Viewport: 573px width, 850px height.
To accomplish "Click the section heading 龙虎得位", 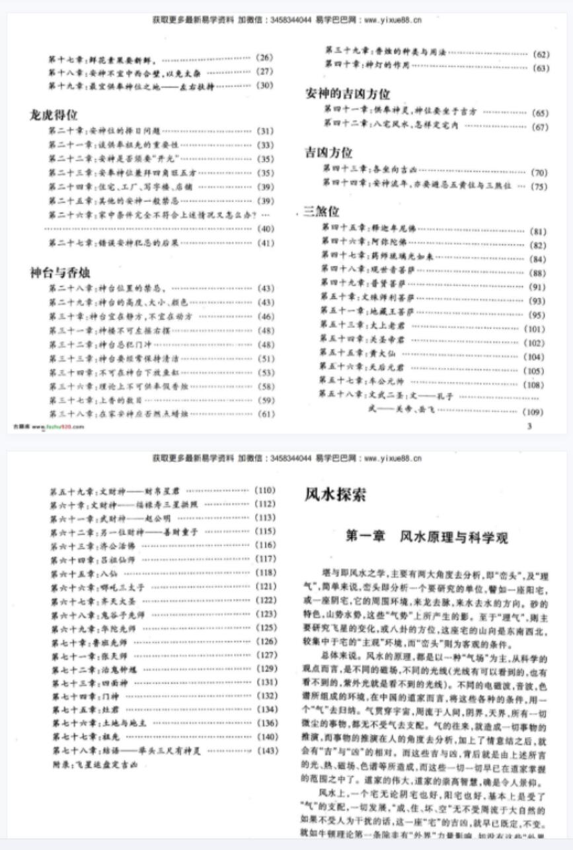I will (x=54, y=115).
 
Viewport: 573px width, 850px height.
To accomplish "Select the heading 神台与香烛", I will (x=60, y=272).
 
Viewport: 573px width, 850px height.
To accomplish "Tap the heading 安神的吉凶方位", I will (x=347, y=93).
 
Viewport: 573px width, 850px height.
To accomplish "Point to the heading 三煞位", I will (x=321, y=212).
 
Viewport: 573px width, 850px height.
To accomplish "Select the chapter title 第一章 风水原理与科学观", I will (x=427, y=537).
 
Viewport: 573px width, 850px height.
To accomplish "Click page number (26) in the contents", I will (x=264, y=58).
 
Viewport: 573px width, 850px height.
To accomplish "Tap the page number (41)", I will (x=265, y=243).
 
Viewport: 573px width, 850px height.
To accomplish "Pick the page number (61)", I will (x=265, y=414).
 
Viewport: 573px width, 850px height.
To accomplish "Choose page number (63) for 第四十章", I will (x=540, y=67).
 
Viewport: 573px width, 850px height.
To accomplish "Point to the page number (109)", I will (x=533, y=412).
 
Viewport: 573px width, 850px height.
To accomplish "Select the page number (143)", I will (x=267, y=751).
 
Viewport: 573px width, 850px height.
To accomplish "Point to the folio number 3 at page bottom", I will (x=529, y=427).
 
